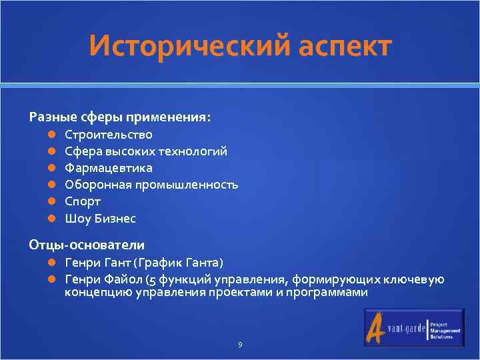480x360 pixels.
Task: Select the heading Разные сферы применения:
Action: [x=120, y=117]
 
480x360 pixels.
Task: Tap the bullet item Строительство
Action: [x=108, y=135]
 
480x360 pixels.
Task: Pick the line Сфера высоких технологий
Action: [x=145, y=151]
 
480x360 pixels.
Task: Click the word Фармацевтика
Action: [x=108, y=168]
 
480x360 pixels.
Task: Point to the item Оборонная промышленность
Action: [x=151, y=185]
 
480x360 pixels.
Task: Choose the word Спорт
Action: [x=83, y=201]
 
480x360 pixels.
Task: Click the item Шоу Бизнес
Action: [x=100, y=218]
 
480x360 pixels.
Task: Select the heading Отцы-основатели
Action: [x=87, y=245]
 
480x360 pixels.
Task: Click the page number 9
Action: [x=240, y=345]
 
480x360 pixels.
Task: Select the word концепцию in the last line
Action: [x=99, y=293]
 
